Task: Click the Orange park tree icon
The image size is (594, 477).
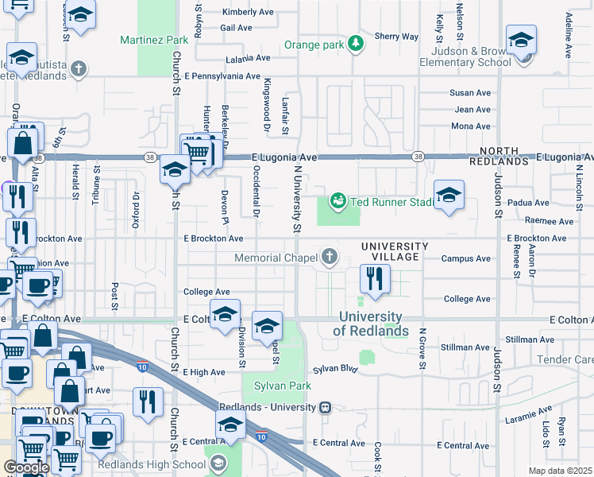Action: tap(357, 44)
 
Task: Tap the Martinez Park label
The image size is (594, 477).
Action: tap(154, 39)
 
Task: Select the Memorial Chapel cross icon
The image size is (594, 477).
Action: tap(330, 257)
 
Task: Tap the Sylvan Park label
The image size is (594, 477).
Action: tap(276, 386)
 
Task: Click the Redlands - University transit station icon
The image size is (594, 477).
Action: tap(325, 408)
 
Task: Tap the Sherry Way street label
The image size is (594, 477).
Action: tap(396, 37)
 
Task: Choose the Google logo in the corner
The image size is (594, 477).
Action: tap(26, 467)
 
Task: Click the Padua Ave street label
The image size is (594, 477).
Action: tap(528, 203)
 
